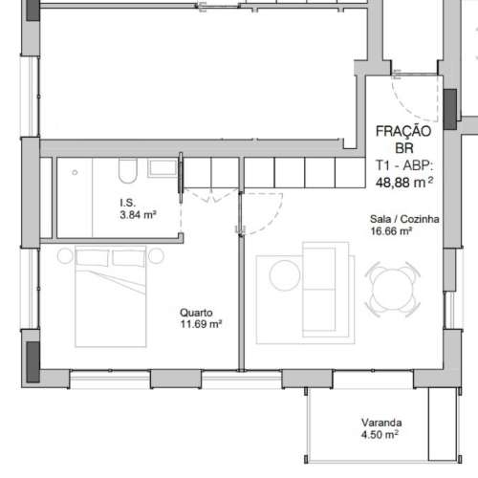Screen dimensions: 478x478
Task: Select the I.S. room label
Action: coord(128,203)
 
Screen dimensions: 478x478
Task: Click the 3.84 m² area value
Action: coord(138,215)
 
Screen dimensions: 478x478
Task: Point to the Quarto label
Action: coord(197,312)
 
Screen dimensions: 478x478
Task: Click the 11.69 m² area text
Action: coord(201,324)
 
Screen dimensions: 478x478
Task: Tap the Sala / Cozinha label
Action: coord(404,219)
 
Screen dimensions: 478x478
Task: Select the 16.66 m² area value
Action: coord(391,231)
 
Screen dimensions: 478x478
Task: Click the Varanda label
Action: coord(380,423)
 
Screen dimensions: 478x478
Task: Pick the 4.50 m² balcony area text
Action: coord(380,435)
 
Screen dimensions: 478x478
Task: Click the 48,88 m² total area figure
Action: coord(403,181)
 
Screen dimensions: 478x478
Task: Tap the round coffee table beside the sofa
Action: coord(285,277)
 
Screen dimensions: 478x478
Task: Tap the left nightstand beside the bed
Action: coord(64,257)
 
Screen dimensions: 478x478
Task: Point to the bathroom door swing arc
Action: coord(206,201)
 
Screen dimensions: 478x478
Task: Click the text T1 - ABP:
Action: coord(403,164)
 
